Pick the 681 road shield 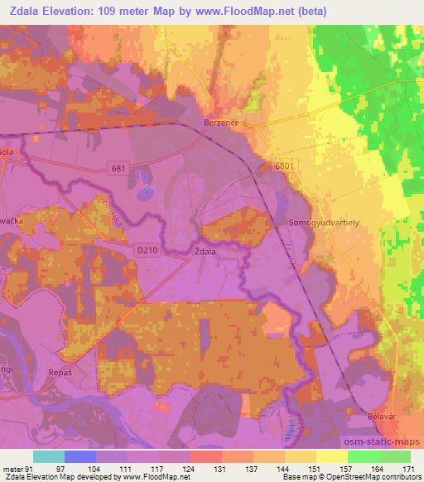pos(119,169)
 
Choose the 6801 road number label pos(284,166)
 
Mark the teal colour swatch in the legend pos(49,456)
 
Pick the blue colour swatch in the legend pos(80,456)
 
